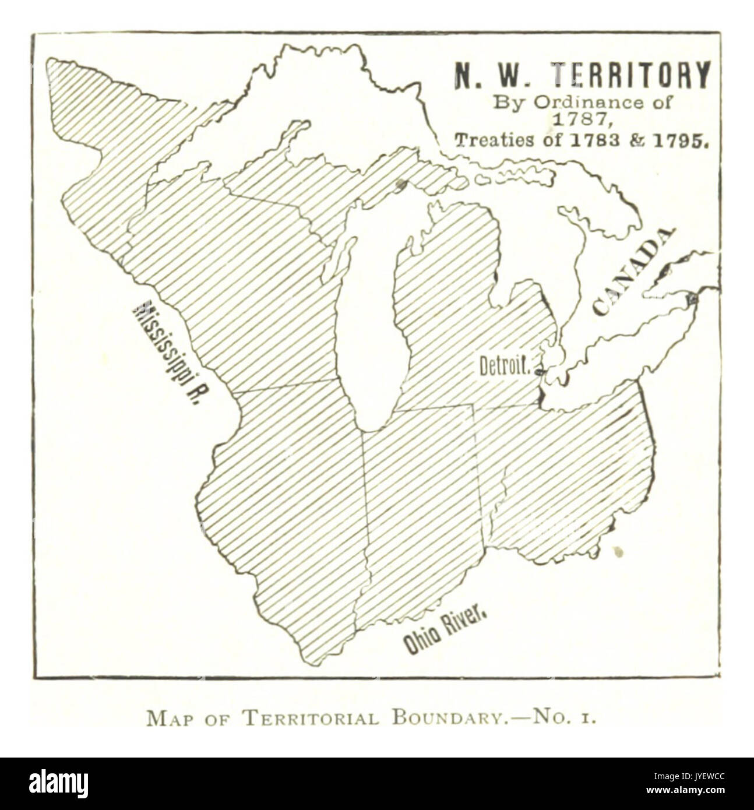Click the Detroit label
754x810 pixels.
point(505,367)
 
